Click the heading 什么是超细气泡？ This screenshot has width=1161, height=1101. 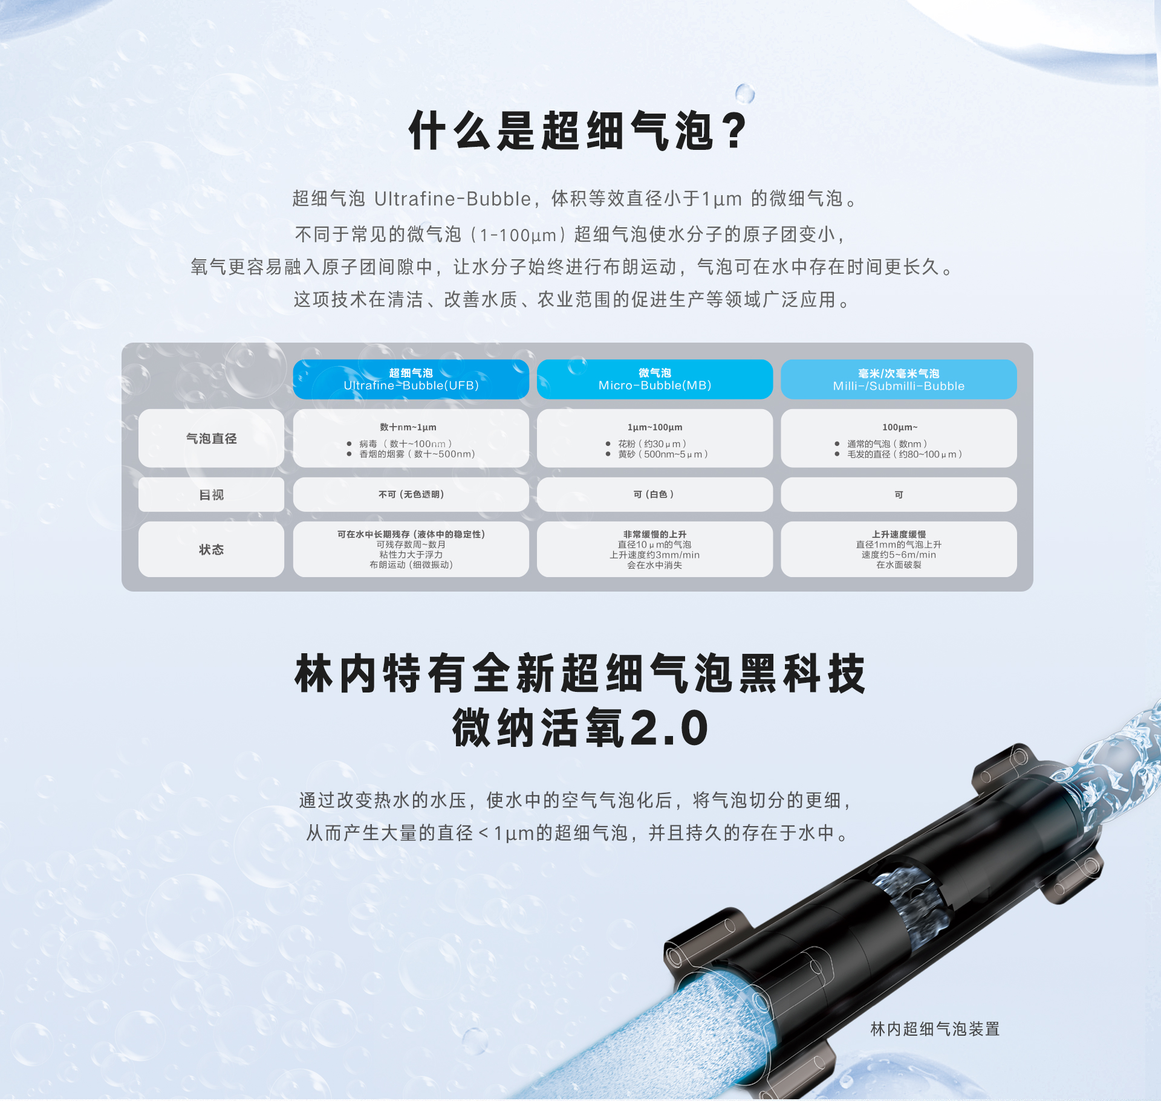(579, 131)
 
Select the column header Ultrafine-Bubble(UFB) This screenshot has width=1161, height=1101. (411, 379)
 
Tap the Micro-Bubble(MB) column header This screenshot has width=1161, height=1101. (654, 379)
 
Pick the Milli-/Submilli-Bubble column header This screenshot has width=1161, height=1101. (898, 379)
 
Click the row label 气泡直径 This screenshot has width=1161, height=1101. (211, 439)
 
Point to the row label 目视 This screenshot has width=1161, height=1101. (211, 495)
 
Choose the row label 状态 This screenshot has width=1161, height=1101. (211, 549)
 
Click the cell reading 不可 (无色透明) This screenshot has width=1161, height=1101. (411, 494)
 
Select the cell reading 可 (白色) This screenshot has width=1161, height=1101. (654, 494)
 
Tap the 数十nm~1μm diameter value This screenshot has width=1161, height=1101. (408, 427)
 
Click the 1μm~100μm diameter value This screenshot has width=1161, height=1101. (654, 427)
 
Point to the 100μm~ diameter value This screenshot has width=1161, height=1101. (899, 427)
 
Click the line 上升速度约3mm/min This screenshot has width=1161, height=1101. (654, 555)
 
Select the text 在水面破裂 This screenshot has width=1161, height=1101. (899, 565)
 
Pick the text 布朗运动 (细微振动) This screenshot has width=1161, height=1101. (411, 565)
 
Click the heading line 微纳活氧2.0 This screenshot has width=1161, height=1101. (580, 728)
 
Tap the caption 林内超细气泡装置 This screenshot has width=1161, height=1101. (935, 1028)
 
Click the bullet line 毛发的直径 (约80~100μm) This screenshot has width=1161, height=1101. (904, 454)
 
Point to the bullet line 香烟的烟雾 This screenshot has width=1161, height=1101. (417, 454)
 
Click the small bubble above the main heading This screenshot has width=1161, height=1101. (744, 94)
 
